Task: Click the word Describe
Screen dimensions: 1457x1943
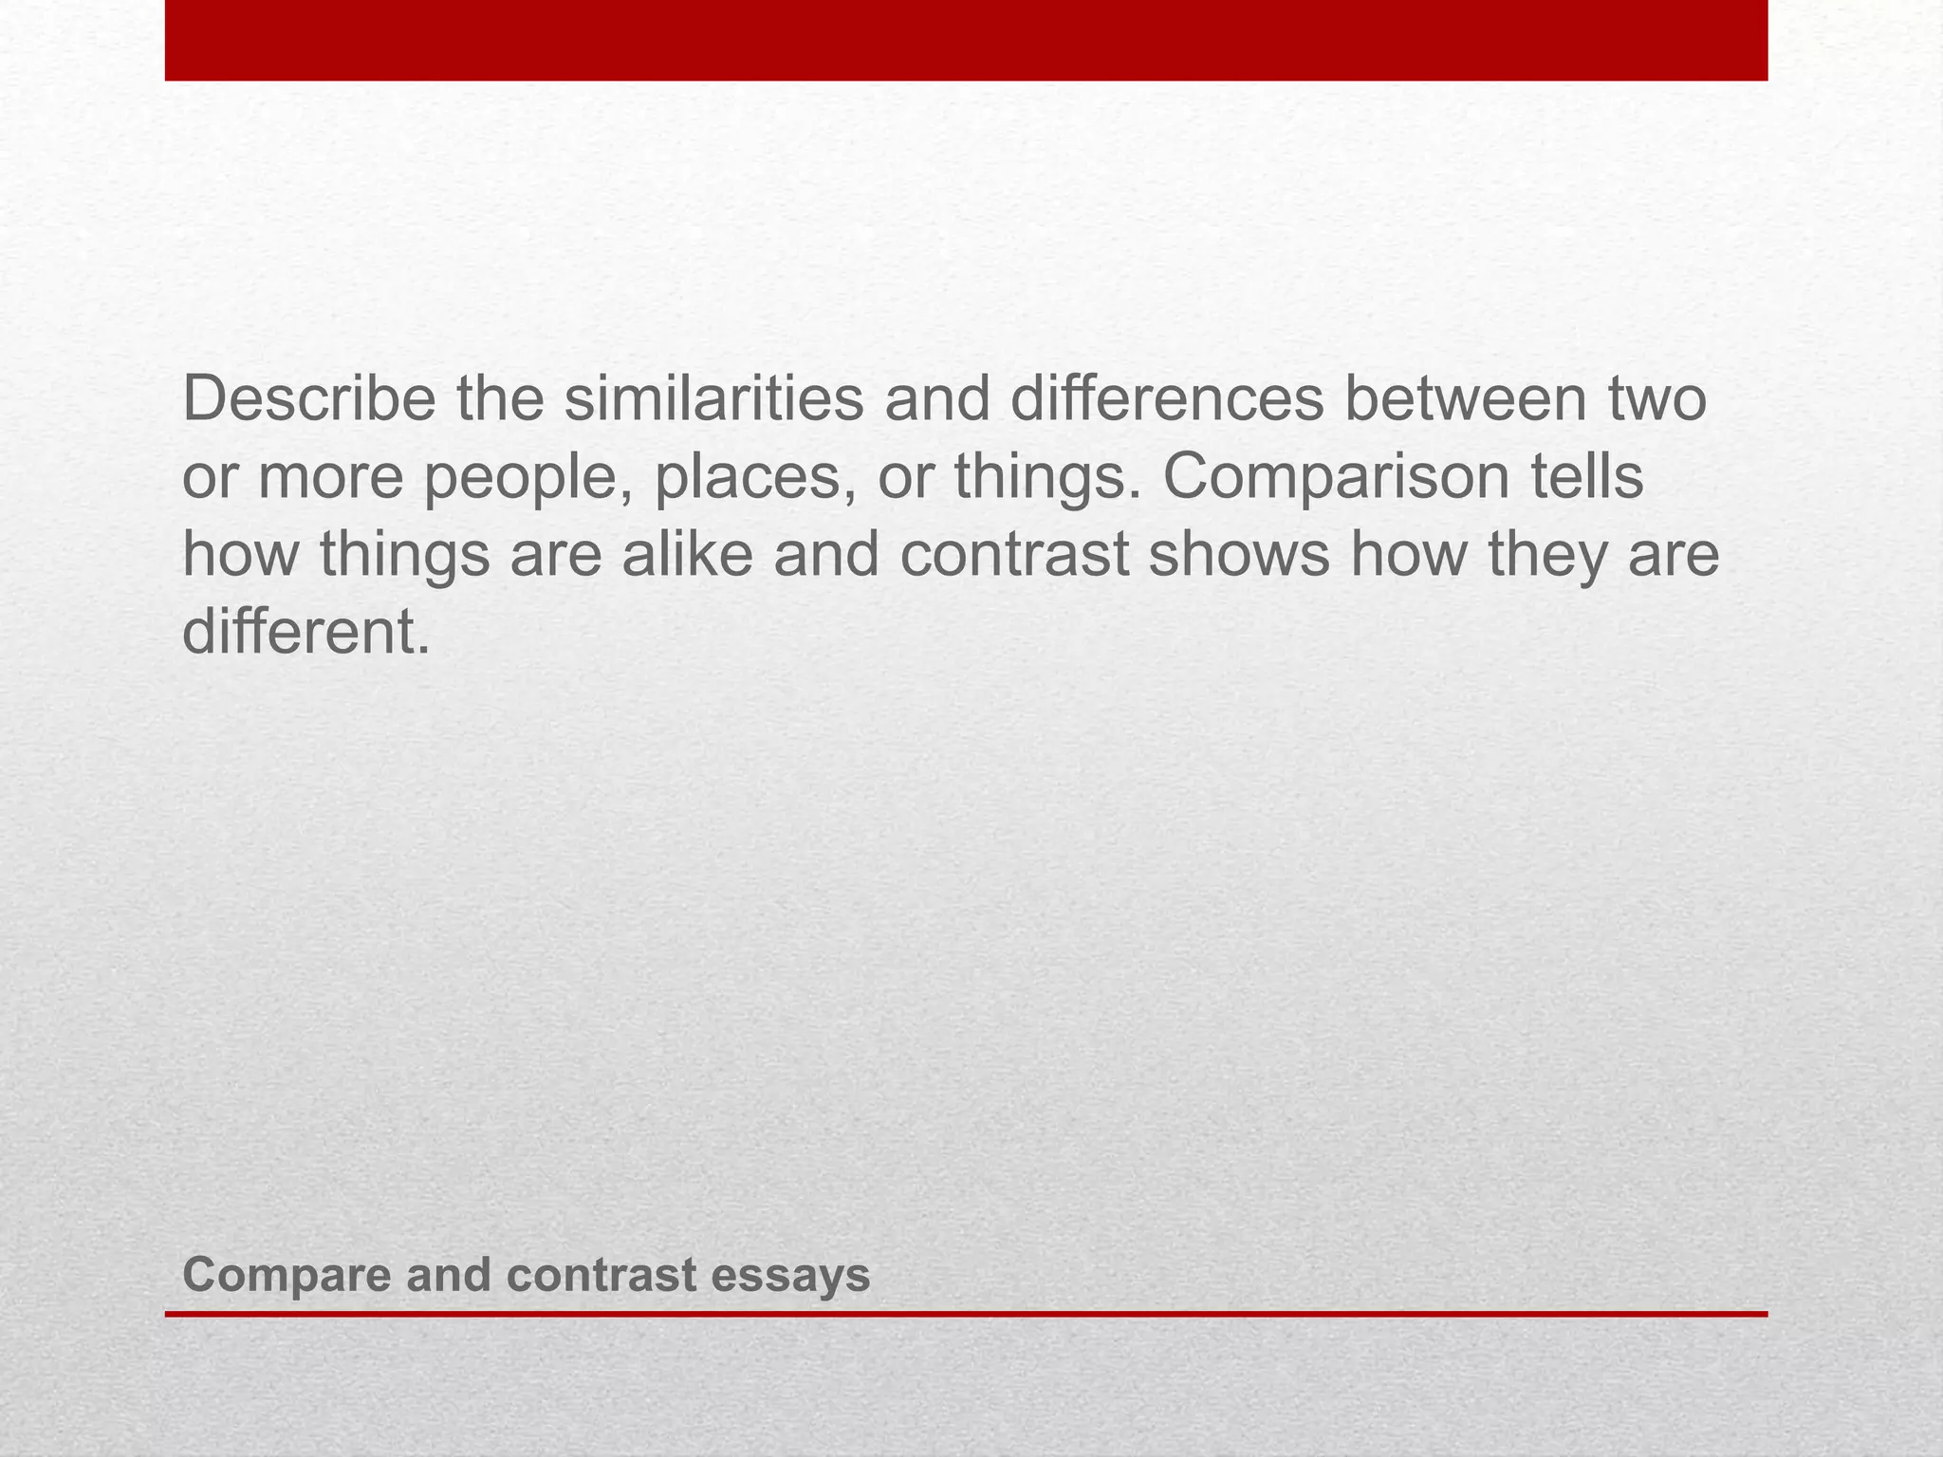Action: point(308,400)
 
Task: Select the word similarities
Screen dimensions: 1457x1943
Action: point(714,400)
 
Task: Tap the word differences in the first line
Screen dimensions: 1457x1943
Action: point(1166,400)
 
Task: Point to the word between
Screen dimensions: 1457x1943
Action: point(1466,400)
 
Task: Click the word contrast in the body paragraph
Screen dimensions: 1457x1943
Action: point(1014,557)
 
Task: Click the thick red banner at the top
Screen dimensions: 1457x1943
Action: point(966,40)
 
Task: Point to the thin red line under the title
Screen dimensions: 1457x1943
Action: point(966,1314)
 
